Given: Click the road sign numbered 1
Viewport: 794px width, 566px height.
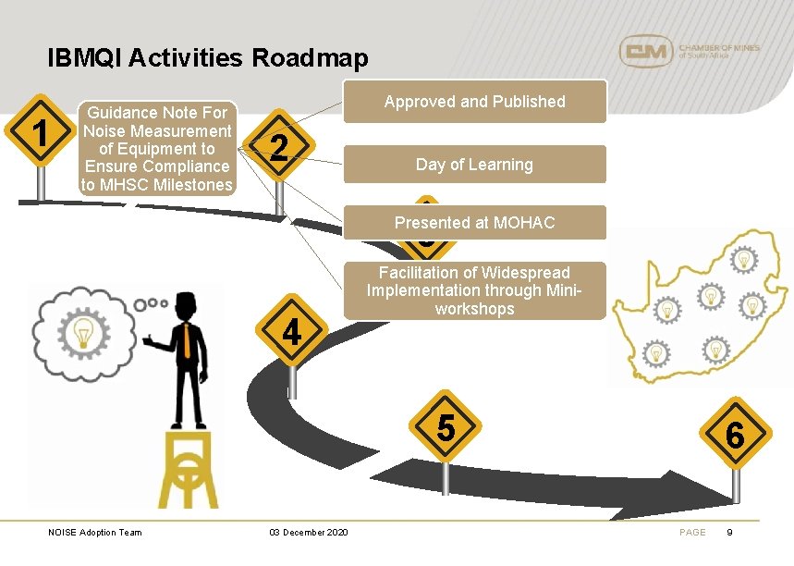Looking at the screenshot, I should (40, 134).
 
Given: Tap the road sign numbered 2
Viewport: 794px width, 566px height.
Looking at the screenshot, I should (280, 148).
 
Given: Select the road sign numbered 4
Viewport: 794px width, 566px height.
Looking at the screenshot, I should (292, 329).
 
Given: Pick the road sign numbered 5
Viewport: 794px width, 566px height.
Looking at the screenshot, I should (446, 428).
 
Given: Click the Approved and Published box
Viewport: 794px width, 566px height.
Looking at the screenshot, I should (474, 102).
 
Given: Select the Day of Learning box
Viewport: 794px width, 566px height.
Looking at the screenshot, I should (474, 165).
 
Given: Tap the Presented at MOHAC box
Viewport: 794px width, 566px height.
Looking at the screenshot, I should (474, 223).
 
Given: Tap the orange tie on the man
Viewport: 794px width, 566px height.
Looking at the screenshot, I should (188, 342).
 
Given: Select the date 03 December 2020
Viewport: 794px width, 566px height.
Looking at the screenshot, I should (309, 532).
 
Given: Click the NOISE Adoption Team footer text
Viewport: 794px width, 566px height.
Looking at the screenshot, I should (95, 532).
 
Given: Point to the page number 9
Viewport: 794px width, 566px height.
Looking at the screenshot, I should (730, 532).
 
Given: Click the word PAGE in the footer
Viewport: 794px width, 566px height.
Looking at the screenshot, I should (692, 532).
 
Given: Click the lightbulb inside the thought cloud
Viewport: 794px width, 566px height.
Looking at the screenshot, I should (84, 330).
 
